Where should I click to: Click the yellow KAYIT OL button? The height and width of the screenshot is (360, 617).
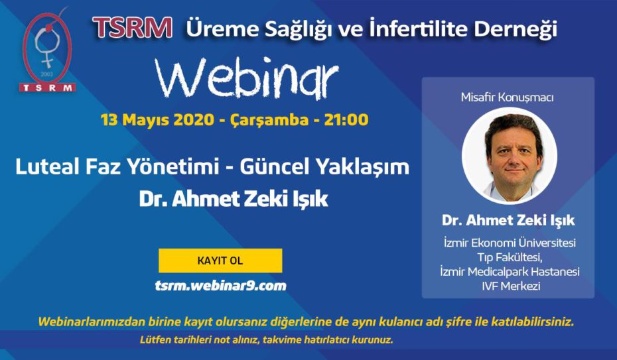point(220,261)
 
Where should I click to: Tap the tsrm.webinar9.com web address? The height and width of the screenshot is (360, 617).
point(221,286)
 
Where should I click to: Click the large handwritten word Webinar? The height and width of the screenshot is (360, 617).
point(247,78)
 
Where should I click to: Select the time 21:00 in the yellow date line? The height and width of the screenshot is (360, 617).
point(346,119)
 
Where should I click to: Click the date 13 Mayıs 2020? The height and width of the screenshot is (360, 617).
point(157,120)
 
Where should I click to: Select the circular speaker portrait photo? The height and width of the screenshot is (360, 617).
point(510,156)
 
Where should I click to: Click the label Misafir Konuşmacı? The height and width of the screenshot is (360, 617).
point(508,97)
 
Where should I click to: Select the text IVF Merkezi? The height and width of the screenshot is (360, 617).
point(511,286)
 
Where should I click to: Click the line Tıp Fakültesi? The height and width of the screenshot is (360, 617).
point(510,257)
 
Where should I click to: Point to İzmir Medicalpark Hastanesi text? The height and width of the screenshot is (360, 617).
point(510,272)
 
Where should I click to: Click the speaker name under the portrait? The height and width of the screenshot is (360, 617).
point(508,221)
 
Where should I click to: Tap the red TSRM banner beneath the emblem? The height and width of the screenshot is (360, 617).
point(48,88)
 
